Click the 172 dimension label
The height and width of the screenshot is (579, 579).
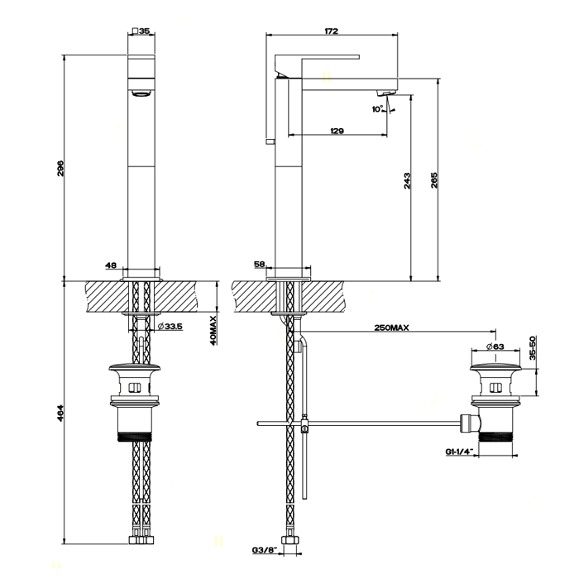(331, 31)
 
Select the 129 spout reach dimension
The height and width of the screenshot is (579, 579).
(337, 131)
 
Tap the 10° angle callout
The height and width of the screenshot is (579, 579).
(377, 109)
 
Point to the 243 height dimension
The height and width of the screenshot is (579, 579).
(407, 180)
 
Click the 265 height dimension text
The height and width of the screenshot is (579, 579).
(434, 180)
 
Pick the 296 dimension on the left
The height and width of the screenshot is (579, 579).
(60, 168)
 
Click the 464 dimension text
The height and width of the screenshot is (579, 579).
(60, 414)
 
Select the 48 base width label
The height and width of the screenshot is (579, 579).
(111, 266)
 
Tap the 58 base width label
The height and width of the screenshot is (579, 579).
(260, 264)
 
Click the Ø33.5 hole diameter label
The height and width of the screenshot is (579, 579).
(170, 327)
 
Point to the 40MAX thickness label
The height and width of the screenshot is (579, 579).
(213, 330)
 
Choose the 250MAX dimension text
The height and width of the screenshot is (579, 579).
(391, 328)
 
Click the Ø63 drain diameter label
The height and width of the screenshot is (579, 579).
(495, 347)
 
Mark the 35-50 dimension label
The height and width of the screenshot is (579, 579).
(532, 348)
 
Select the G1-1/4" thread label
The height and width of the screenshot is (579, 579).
(459, 452)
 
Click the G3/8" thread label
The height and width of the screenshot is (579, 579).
(265, 550)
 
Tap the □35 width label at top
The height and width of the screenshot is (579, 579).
(141, 31)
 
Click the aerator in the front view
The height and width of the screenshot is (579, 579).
(141, 93)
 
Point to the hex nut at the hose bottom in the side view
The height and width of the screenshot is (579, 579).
(290, 539)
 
